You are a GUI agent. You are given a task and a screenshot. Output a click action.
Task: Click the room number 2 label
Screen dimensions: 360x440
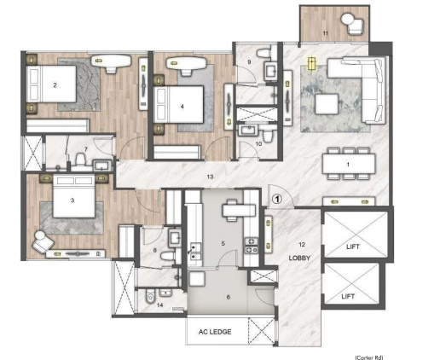click(55, 84)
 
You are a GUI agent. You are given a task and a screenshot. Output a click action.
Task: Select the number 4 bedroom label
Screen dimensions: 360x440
click(182, 107)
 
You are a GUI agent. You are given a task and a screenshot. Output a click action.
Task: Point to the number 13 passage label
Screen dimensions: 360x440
click(210, 177)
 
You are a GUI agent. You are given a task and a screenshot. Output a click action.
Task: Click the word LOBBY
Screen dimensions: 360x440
click(298, 257)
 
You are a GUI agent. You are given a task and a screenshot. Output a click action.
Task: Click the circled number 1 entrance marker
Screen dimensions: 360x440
click(277, 198)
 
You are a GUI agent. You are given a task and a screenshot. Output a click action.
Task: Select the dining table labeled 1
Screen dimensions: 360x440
click(347, 162)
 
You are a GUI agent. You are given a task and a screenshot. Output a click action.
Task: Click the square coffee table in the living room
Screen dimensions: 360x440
click(327, 104)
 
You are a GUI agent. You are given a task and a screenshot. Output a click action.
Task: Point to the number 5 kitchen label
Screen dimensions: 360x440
click(223, 243)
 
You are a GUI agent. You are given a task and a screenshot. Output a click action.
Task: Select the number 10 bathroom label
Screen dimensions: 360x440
click(258, 144)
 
